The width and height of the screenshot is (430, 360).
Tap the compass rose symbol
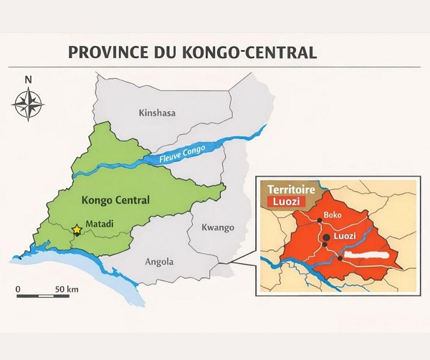tap(28, 105)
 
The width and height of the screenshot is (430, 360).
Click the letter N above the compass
tap(28, 80)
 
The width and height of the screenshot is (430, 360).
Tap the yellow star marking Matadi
tap(77, 230)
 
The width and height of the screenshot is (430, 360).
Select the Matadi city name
tap(100, 223)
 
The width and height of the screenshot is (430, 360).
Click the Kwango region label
tap(218, 227)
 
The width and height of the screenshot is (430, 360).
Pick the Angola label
tap(159, 262)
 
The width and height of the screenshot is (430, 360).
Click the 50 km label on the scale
tap(67, 288)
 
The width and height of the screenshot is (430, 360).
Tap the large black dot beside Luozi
tap(325, 236)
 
